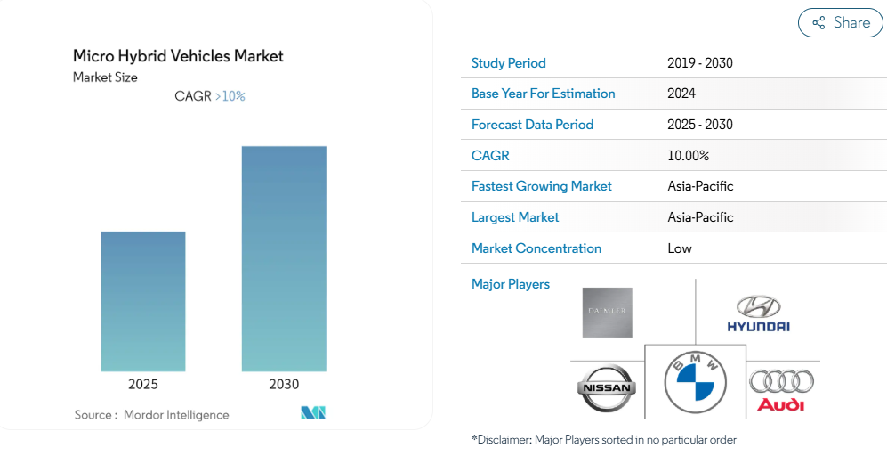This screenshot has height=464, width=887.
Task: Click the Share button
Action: click(840, 23)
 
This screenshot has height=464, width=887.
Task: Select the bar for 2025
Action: click(143, 301)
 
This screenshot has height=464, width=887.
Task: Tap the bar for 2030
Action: click(284, 258)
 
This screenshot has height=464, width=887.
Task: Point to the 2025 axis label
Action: click(143, 385)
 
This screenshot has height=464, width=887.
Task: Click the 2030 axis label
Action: click(284, 385)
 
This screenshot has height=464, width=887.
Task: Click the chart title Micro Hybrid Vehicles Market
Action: click(178, 56)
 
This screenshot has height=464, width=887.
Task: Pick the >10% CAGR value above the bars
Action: click(230, 96)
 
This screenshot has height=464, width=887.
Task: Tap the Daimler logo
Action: click(607, 313)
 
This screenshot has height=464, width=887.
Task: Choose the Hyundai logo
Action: click(758, 313)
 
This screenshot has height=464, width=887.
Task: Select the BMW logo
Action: click(696, 381)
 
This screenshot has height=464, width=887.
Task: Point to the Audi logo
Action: click(781, 390)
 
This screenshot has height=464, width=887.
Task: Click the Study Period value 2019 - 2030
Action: click(699, 63)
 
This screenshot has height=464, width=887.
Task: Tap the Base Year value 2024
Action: click(681, 94)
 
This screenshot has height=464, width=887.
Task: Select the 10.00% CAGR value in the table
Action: click(688, 156)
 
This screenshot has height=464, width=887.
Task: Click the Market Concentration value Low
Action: click(680, 248)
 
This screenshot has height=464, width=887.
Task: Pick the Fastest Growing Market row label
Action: click(542, 186)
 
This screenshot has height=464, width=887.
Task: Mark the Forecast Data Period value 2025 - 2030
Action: click(699, 125)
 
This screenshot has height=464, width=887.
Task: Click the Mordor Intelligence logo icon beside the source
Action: click(313, 413)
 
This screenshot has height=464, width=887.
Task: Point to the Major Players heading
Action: click(511, 284)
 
